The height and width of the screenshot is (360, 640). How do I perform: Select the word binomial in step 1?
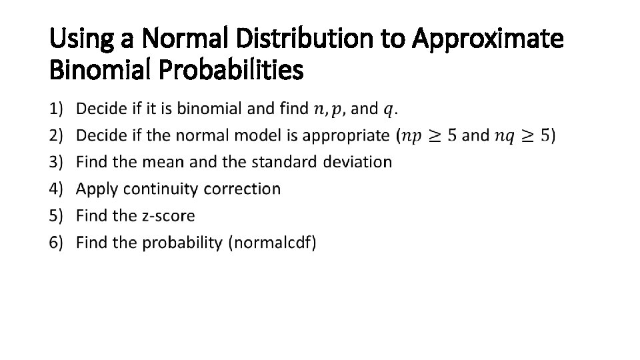click(x=214, y=108)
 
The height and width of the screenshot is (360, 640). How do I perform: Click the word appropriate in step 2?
click(x=346, y=135)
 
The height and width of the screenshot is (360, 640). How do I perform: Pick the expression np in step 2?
click(x=413, y=136)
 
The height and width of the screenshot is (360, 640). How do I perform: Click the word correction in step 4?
click(x=242, y=189)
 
